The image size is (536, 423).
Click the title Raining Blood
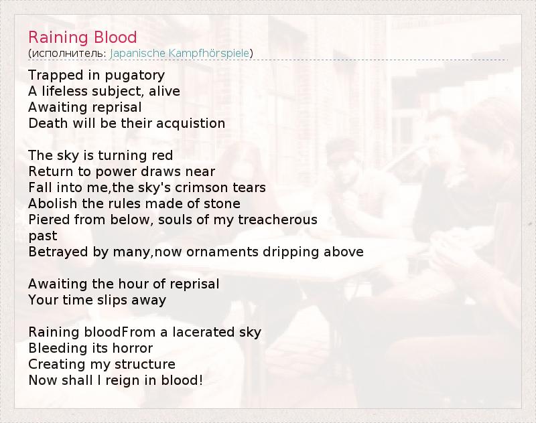pyautogui.click(x=82, y=37)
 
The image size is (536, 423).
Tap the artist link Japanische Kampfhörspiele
pyautogui.click(x=180, y=54)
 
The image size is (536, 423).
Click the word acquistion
pyautogui.click(x=191, y=124)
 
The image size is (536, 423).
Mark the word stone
pyautogui.click(x=222, y=204)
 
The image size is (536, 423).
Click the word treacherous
pyautogui.click(x=278, y=220)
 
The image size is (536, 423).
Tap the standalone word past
pyautogui.click(x=43, y=236)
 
